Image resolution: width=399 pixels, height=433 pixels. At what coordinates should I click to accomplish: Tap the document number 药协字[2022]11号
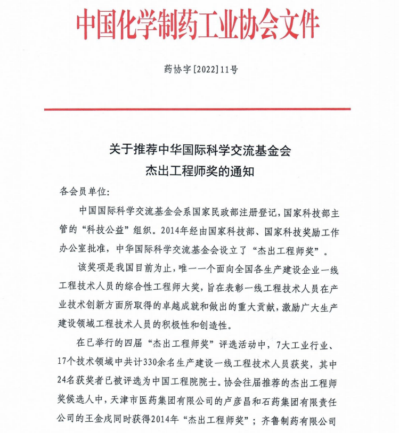[x=200, y=69]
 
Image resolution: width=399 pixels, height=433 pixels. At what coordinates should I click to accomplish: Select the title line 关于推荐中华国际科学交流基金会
[x=200, y=150]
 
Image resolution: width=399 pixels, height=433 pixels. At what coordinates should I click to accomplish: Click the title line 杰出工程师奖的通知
[x=200, y=171]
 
